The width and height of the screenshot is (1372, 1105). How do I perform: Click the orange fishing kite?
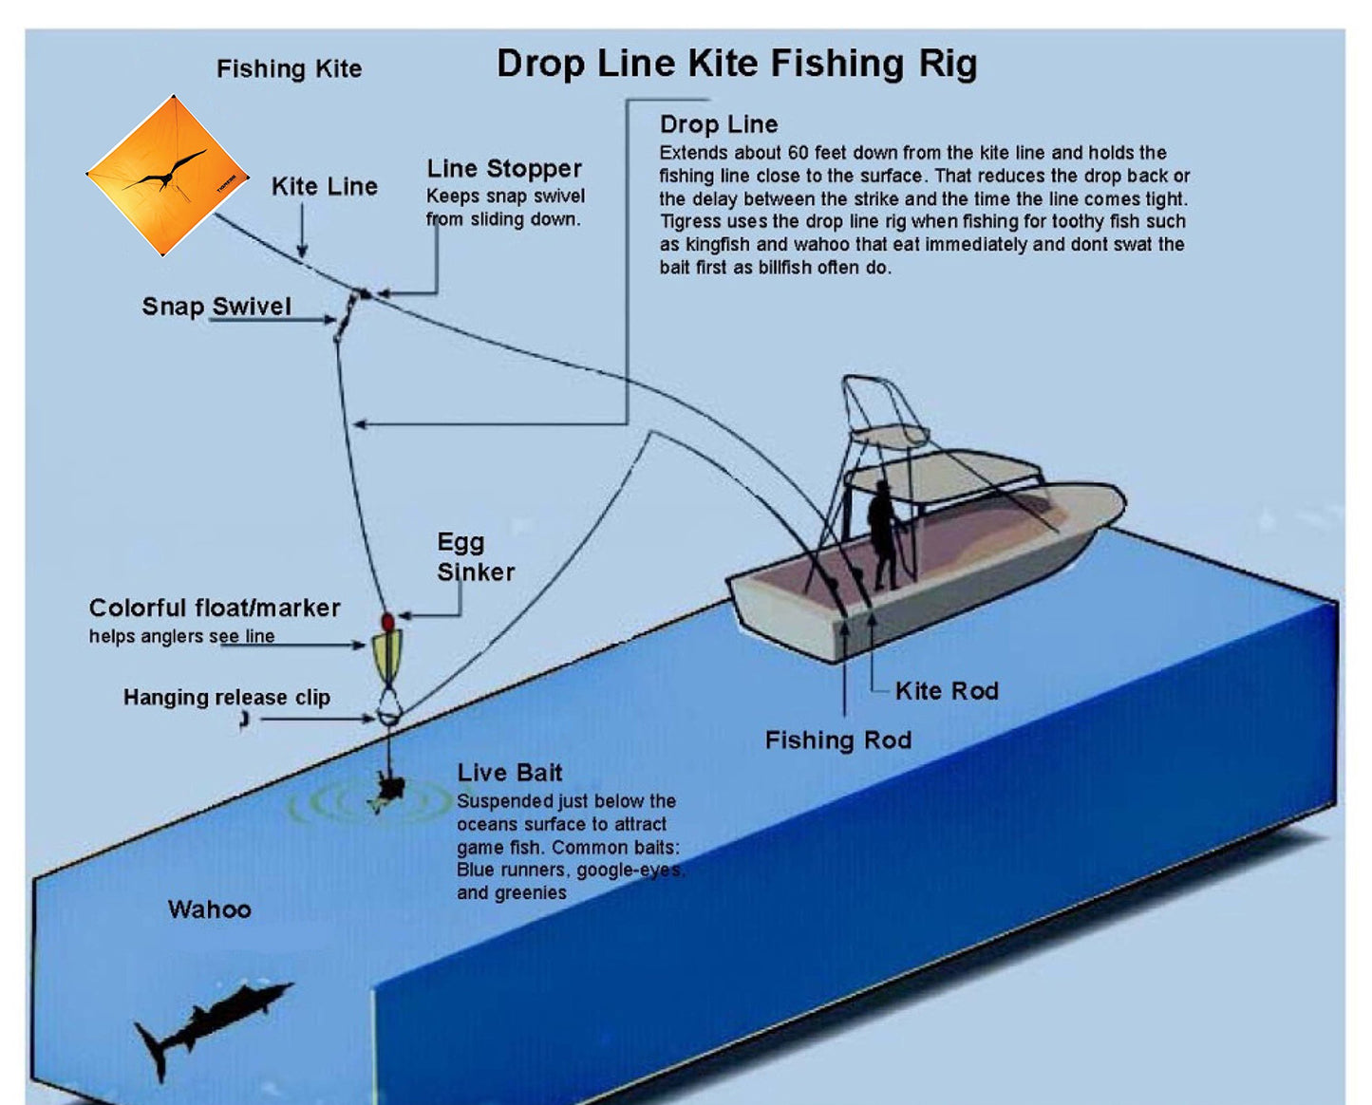pyautogui.click(x=167, y=176)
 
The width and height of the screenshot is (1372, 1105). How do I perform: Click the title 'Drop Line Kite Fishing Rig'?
pyautogui.click(x=736, y=64)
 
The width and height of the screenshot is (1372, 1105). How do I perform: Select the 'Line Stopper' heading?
pyautogui.click(x=504, y=169)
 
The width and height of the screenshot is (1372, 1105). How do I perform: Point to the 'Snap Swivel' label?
pyautogui.click(x=216, y=307)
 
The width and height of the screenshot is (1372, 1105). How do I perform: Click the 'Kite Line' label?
pyautogui.click(x=325, y=186)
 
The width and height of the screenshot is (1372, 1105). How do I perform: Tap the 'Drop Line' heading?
pyautogui.click(x=719, y=124)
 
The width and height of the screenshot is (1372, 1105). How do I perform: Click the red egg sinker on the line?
pyautogui.click(x=387, y=622)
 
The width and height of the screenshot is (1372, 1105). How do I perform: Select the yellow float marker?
pyautogui.click(x=387, y=656)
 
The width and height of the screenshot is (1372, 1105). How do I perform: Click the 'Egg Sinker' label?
pyautogui.click(x=475, y=557)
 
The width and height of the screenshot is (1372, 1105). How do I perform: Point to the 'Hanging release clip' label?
pyautogui.click(x=227, y=698)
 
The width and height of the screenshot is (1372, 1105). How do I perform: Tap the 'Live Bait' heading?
pyautogui.click(x=510, y=773)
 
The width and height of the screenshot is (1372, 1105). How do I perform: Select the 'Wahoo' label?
pyautogui.click(x=210, y=909)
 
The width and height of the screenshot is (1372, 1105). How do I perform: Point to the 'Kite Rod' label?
pyautogui.click(x=947, y=691)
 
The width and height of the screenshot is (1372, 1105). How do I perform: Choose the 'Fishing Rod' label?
pyautogui.click(x=838, y=740)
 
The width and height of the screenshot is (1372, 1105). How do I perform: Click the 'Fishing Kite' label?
pyautogui.click(x=289, y=69)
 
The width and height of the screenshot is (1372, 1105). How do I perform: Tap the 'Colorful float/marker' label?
pyautogui.click(x=215, y=609)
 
